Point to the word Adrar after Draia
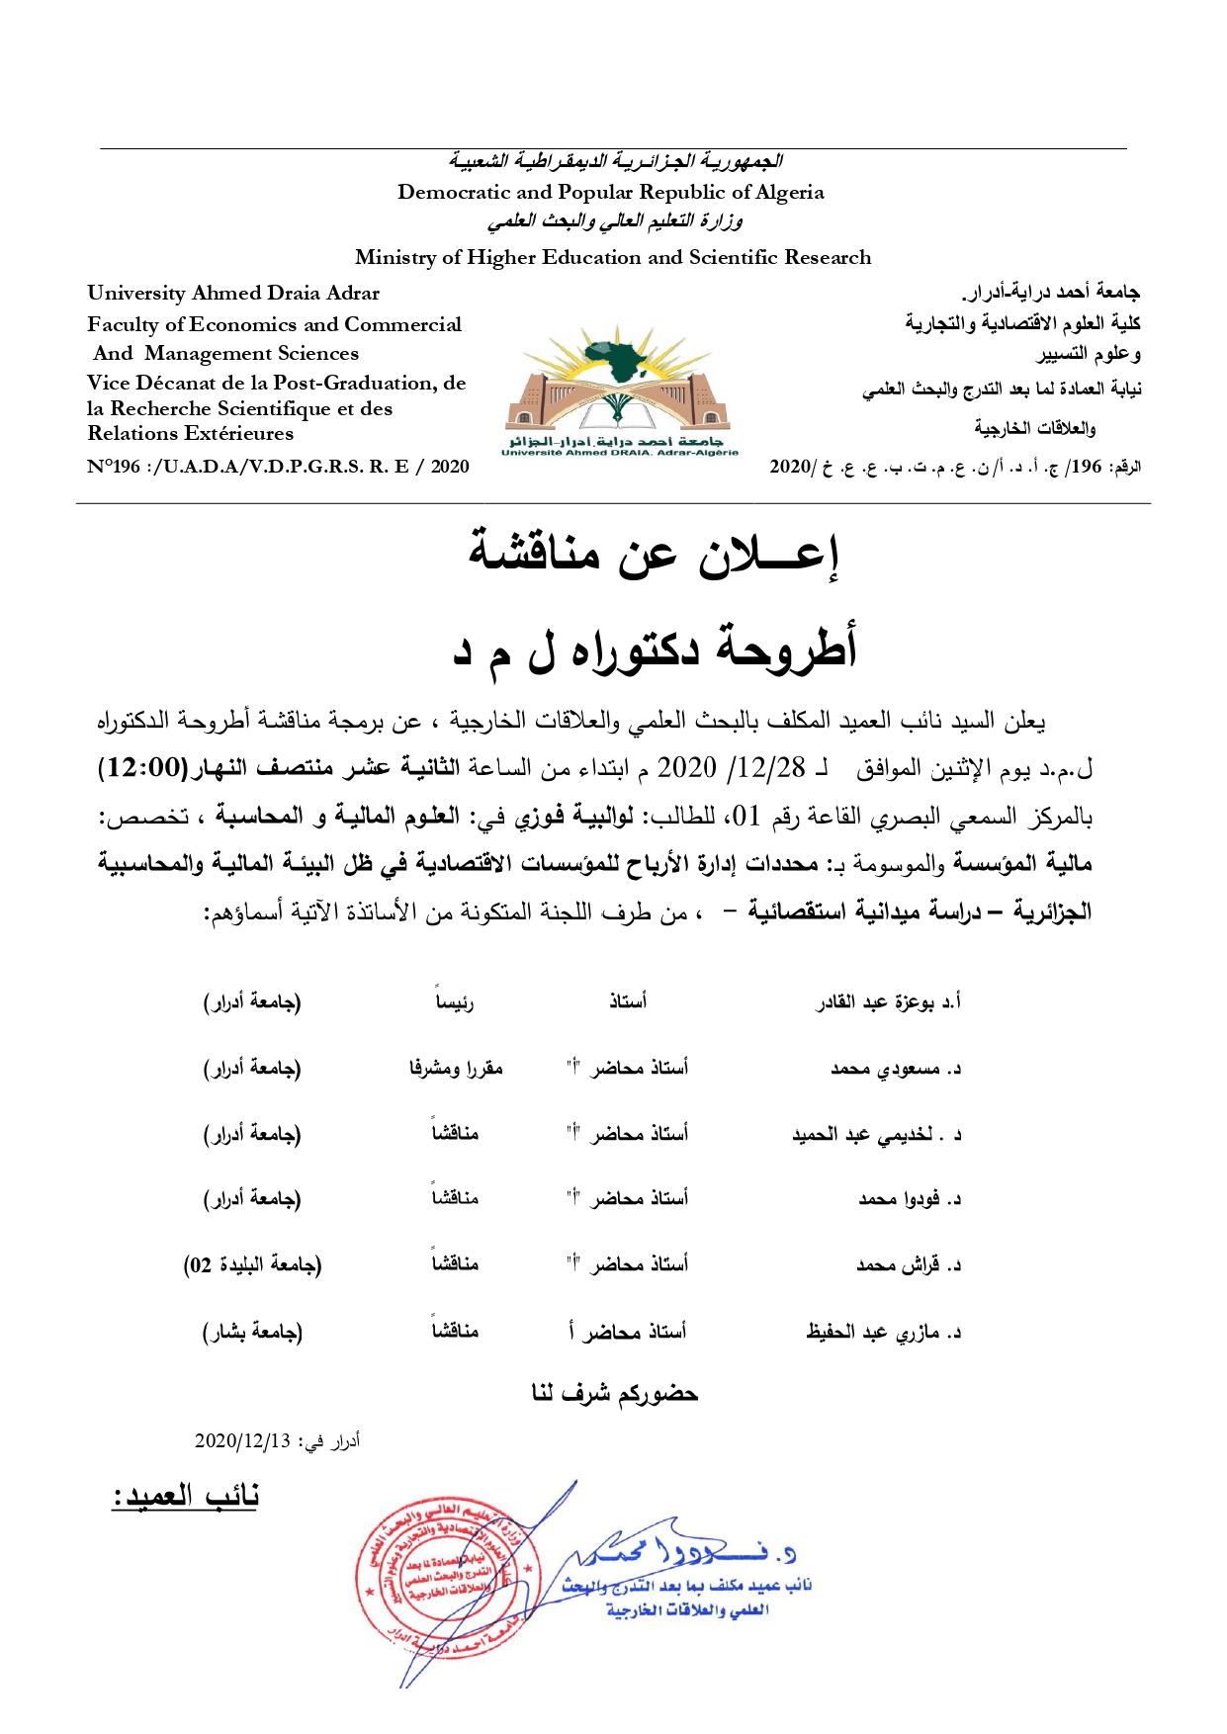tap(354, 293)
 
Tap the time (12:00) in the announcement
tap(136, 768)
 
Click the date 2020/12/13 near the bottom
tap(242, 1440)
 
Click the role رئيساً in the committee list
tap(455, 1002)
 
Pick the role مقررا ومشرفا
tap(456, 1068)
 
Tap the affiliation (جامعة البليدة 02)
tap(252, 1264)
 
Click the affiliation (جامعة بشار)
tap(252, 1332)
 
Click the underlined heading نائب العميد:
tap(185, 1495)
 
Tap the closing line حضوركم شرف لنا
tap(614, 1393)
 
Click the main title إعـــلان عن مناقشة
tap(653, 556)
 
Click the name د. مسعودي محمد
tap(895, 1069)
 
